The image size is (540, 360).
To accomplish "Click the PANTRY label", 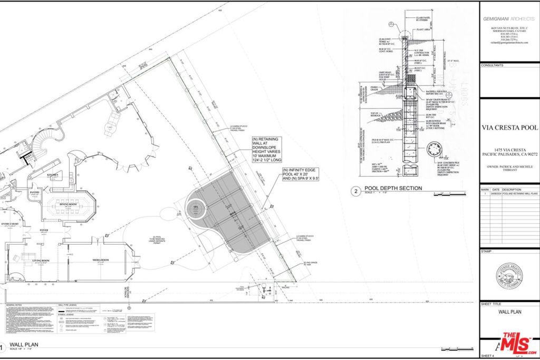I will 35,193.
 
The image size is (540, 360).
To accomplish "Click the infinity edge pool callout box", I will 302,174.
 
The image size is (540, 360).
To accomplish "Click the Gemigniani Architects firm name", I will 509,18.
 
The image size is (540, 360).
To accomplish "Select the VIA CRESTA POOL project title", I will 509,128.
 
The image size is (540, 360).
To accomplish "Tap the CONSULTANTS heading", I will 492,65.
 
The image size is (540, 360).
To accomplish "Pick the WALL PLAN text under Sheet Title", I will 509,312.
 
